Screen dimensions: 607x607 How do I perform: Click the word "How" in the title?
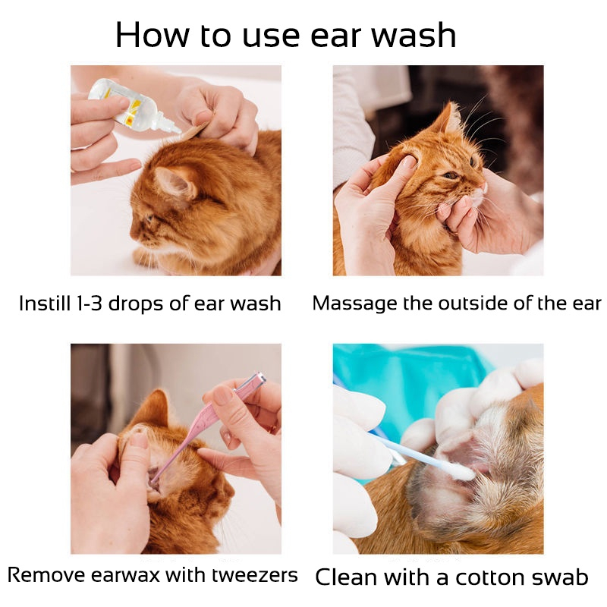tap(153, 35)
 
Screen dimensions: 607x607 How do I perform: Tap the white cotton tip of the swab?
tap(464, 472)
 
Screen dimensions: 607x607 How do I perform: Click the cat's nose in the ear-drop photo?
tap(133, 234)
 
